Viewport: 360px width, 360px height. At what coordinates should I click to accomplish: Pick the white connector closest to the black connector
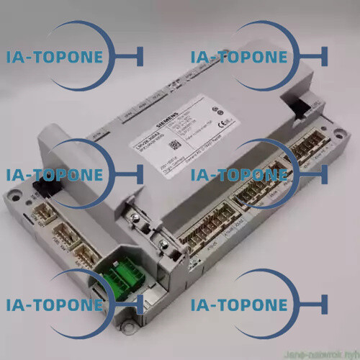coord(44,209)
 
